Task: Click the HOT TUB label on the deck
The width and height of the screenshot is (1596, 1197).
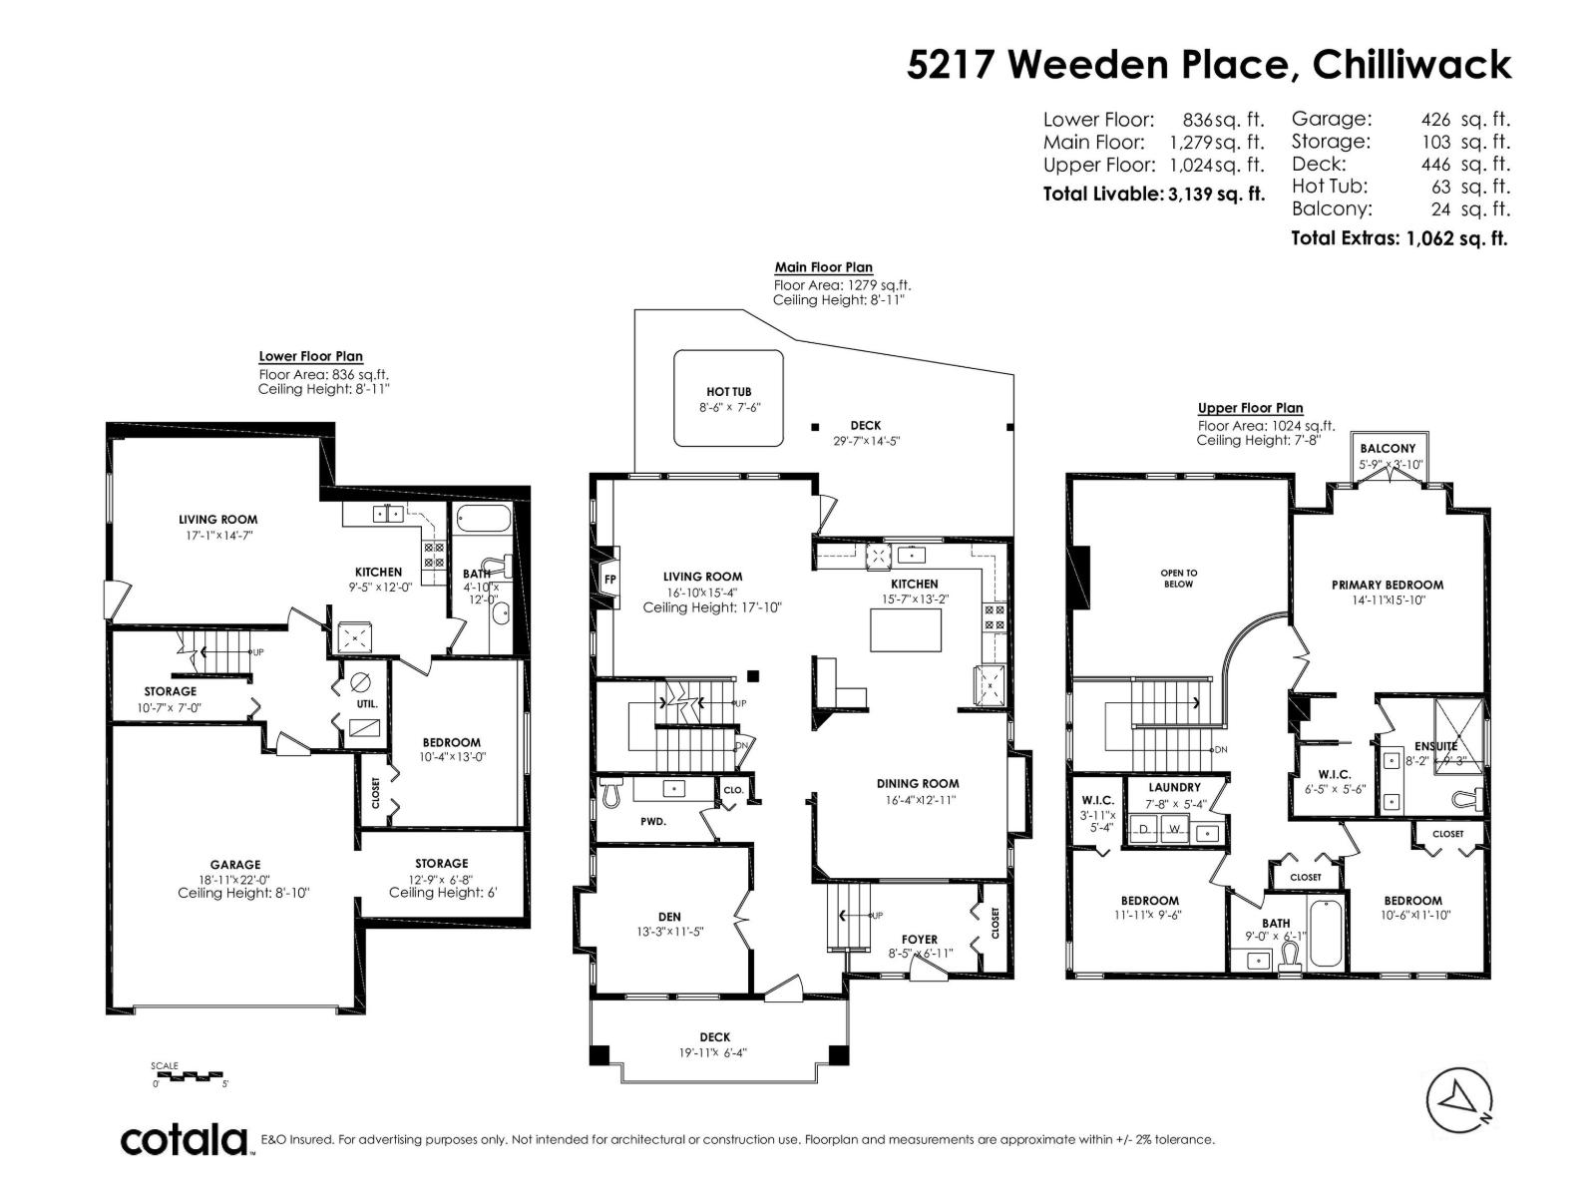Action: pyautogui.click(x=728, y=392)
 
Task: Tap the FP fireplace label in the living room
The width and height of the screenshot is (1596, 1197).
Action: pyautogui.click(x=610, y=579)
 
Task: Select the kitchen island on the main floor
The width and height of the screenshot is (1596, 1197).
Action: pyautogui.click(x=906, y=629)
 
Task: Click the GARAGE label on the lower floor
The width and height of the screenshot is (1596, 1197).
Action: pyautogui.click(x=235, y=865)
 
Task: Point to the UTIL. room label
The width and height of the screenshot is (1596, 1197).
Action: pyautogui.click(x=366, y=703)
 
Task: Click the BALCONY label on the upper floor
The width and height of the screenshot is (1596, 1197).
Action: pyautogui.click(x=1388, y=449)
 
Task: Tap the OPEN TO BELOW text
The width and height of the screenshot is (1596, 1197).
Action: pyautogui.click(x=1178, y=579)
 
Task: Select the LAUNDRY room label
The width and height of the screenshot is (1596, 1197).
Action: pyautogui.click(x=1174, y=787)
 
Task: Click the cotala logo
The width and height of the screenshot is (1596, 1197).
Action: pyautogui.click(x=186, y=1139)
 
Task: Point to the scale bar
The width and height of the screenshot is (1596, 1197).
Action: pyautogui.click(x=190, y=1076)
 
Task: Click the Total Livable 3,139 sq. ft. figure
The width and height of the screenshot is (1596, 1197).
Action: pyautogui.click(x=1153, y=194)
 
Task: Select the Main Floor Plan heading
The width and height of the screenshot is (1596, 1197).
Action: pyautogui.click(x=823, y=267)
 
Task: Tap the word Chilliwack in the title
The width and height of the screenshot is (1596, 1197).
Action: pyautogui.click(x=1411, y=65)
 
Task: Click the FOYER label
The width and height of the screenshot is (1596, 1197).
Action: pyautogui.click(x=919, y=939)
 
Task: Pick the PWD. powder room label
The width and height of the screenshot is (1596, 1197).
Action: pyautogui.click(x=653, y=822)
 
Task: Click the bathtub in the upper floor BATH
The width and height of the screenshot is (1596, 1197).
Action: pyautogui.click(x=1325, y=933)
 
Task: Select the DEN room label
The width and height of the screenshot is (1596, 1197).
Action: pyautogui.click(x=669, y=917)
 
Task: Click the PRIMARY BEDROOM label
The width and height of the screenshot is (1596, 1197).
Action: pyautogui.click(x=1387, y=585)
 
